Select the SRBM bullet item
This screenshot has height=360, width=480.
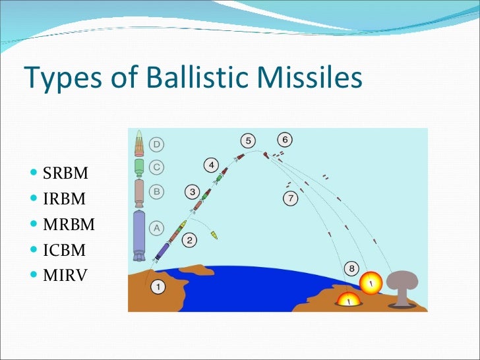coord(65,175)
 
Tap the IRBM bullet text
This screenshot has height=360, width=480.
coord(65,200)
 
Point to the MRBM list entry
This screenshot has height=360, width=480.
coord(69,225)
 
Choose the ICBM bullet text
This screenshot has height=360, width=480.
coord(65,250)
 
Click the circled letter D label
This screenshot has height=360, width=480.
coord(158,144)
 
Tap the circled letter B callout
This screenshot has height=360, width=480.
coord(158,192)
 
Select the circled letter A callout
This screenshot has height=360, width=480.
coord(158,228)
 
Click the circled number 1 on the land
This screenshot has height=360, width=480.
coord(159,287)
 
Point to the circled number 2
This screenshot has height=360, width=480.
coord(189,240)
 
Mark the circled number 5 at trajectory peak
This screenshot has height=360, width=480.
coord(247,141)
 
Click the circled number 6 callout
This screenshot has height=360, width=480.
coord(285,140)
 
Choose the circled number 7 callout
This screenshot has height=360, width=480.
coord(290,198)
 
